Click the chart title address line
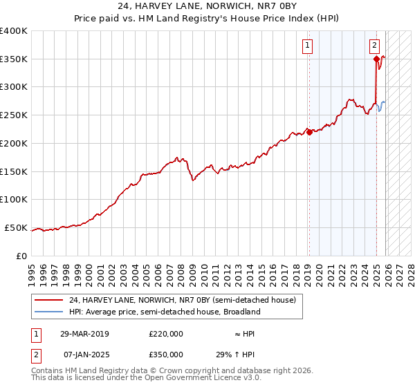(207, 6)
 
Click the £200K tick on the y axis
(14, 143)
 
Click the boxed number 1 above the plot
(306, 46)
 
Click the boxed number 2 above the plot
(373, 46)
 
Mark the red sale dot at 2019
(309, 133)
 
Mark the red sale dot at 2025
(376, 59)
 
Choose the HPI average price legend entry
(164, 312)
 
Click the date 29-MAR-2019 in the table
(84, 334)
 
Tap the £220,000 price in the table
(166, 334)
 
